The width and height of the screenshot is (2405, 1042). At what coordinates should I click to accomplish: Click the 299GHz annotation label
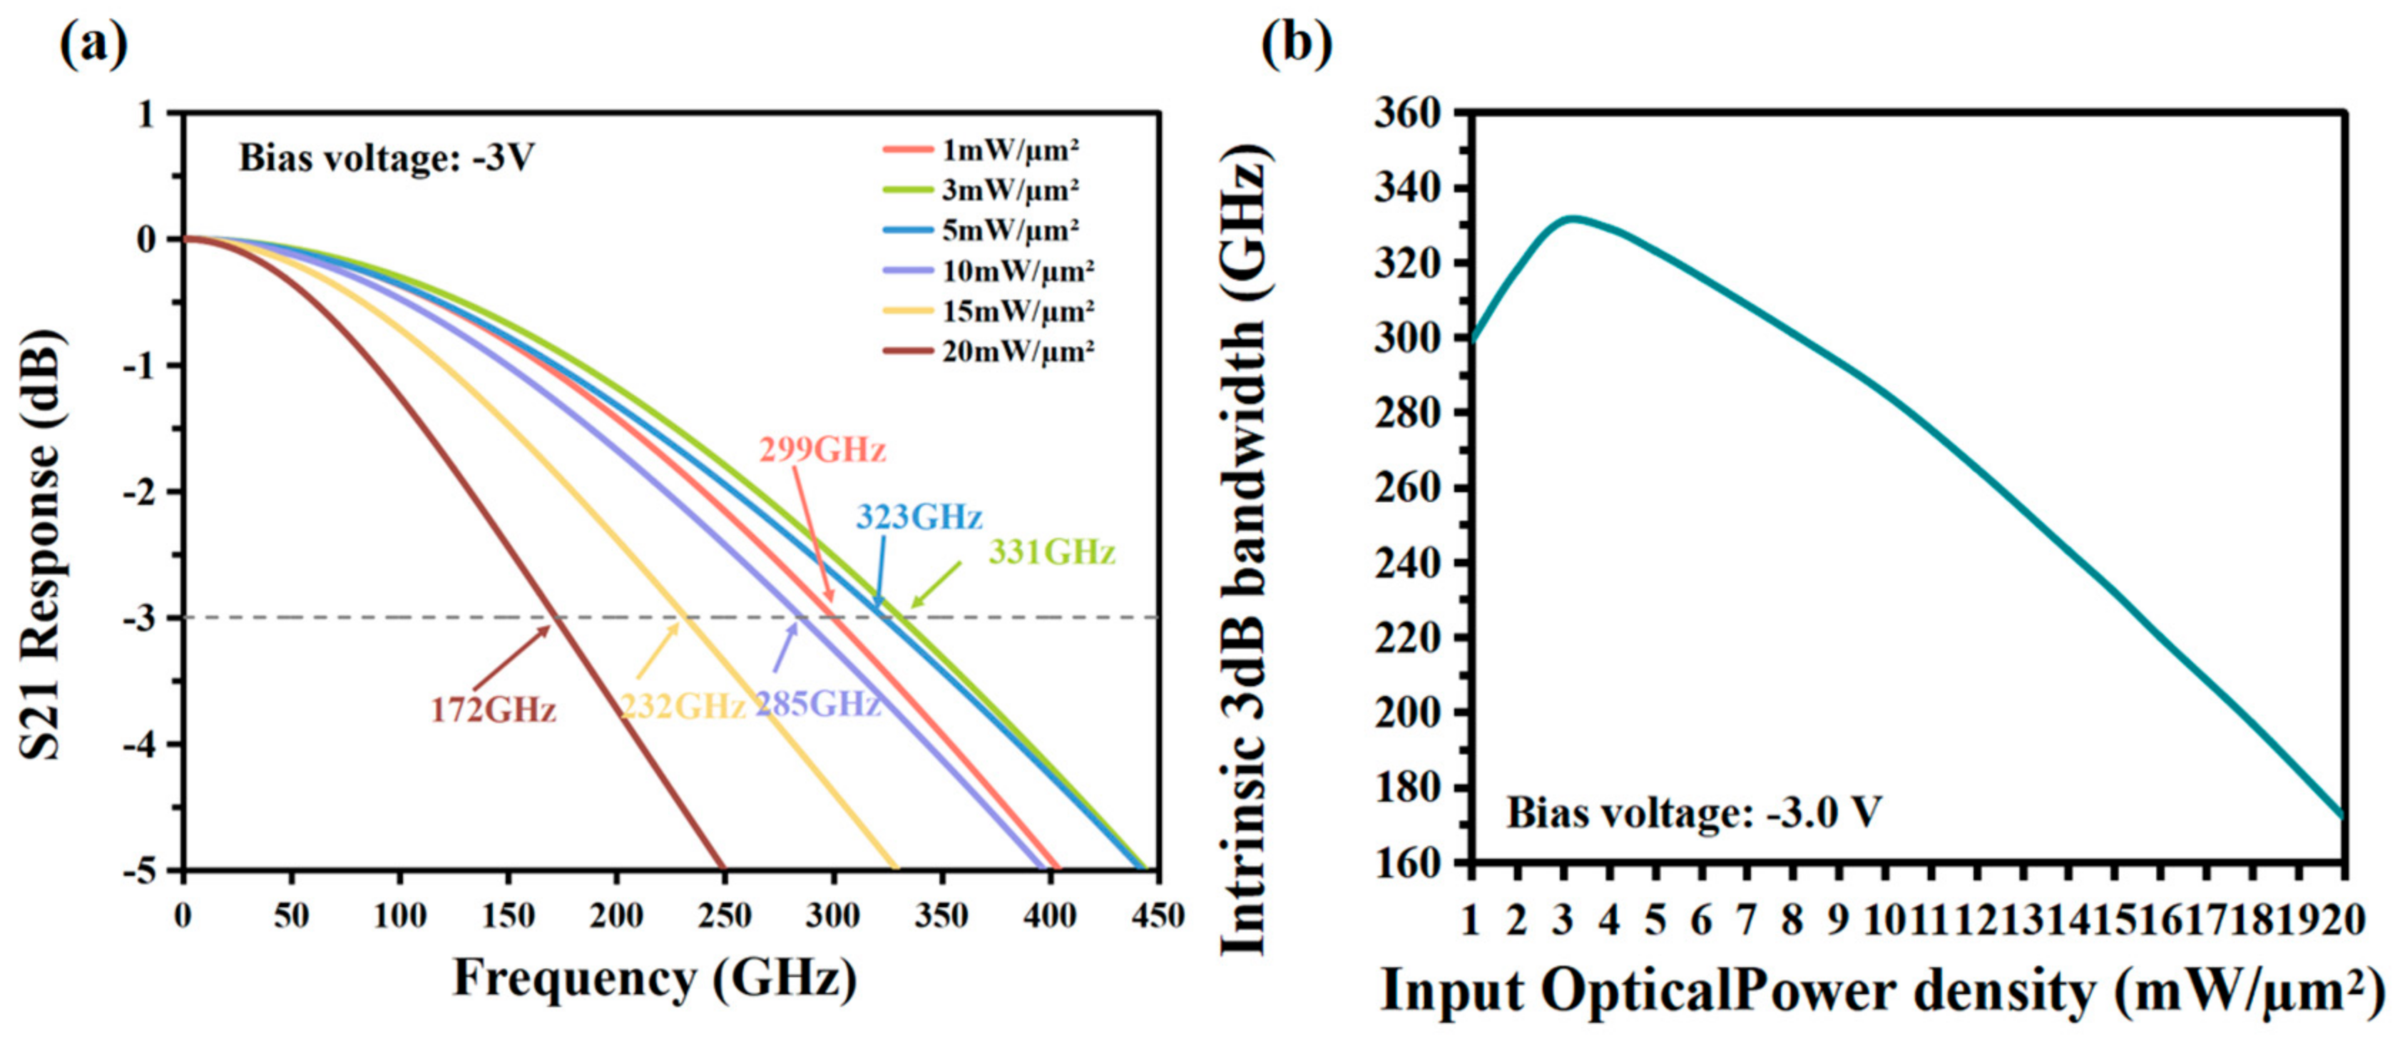[x=822, y=450]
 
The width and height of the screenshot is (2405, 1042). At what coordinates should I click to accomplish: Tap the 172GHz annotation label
[x=493, y=710]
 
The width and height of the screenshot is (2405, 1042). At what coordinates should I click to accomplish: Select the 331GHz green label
[x=1052, y=553]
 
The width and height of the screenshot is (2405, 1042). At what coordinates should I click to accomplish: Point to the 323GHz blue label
[x=919, y=517]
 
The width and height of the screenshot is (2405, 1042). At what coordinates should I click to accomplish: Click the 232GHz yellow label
[x=683, y=707]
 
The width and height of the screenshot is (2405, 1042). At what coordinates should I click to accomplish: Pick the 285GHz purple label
[x=818, y=704]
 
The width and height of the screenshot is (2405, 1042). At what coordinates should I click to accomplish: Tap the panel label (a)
[x=93, y=44]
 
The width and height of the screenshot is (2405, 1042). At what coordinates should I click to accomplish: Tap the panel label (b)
[x=1297, y=44]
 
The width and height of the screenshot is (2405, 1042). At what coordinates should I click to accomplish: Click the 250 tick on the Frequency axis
[x=725, y=916]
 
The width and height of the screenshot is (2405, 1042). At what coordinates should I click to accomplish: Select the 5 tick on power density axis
[x=1655, y=921]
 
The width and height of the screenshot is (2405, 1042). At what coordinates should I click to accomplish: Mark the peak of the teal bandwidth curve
[x=1572, y=218]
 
